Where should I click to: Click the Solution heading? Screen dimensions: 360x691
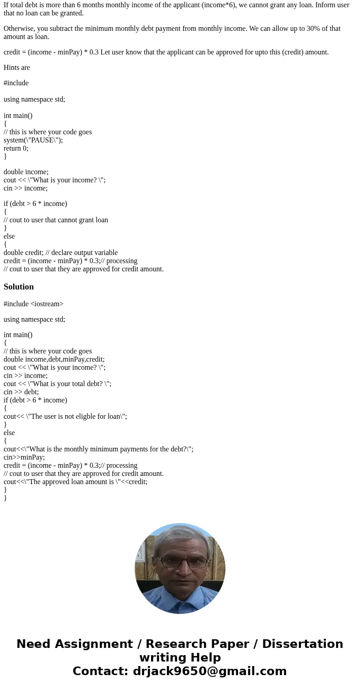click(x=19, y=287)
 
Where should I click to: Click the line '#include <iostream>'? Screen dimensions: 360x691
click(x=34, y=304)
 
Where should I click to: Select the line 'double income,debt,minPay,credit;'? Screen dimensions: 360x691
click(x=54, y=359)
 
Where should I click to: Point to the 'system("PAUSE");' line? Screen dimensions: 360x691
click(x=33, y=140)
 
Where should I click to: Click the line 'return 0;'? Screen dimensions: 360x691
click(x=16, y=148)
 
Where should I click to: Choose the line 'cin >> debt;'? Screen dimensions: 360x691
click(x=21, y=392)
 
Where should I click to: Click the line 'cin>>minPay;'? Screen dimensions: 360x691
click(x=24, y=457)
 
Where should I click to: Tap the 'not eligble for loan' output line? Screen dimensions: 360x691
click(x=65, y=417)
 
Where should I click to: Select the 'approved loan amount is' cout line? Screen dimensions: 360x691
click(x=75, y=482)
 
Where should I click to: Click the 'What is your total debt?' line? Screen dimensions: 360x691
click(x=57, y=384)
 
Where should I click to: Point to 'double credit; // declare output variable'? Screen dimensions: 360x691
click(x=61, y=253)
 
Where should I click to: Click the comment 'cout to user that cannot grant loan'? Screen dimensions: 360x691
click(x=56, y=220)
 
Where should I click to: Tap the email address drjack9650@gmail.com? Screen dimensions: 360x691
click(x=209, y=671)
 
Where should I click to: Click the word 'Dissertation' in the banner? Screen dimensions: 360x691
click(x=302, y=644)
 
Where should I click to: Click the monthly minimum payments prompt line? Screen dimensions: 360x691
click(x=98, y=449)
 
